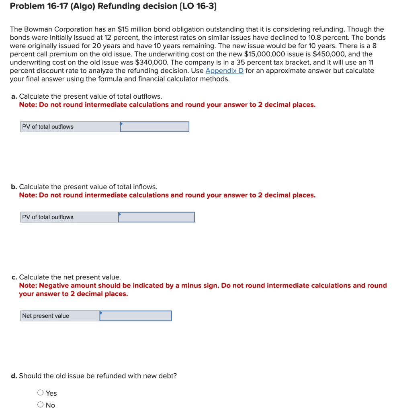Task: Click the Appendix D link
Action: (x=224, y=71)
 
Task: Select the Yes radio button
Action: (x=41, y=393)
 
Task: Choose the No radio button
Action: (x=41, y=405)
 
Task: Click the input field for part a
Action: (x=155, y=127)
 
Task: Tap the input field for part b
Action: (x=156, y=217)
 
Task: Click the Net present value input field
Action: (x=135, y=316)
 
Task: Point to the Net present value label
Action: (x=46, y=316)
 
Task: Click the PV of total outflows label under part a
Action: (x=48, y=127)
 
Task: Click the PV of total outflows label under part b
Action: (x=48, y=217)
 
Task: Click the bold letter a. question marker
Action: (x=14, y=96)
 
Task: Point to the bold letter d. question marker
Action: (x=14, y=376)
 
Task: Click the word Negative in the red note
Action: (x=54, y=285)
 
